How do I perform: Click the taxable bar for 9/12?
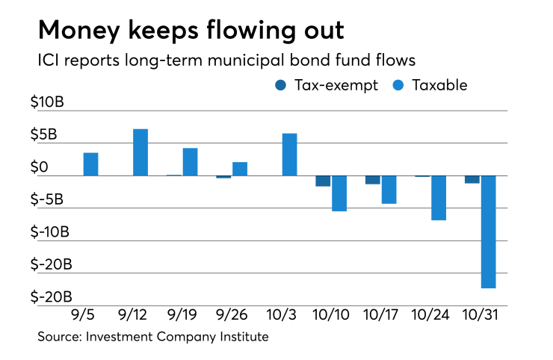pos(140,152)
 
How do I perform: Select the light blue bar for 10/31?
pos(489,232)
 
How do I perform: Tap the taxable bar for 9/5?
pos(90,164)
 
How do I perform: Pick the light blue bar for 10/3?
pos(289,155)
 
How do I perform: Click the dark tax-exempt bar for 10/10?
pos(323,181)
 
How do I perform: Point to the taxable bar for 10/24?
pos(439,198)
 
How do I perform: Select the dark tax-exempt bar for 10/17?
pos(373,180)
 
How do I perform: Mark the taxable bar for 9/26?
pos(240,169)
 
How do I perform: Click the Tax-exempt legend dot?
pos(279,85)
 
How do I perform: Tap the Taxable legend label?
pos(441,85)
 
